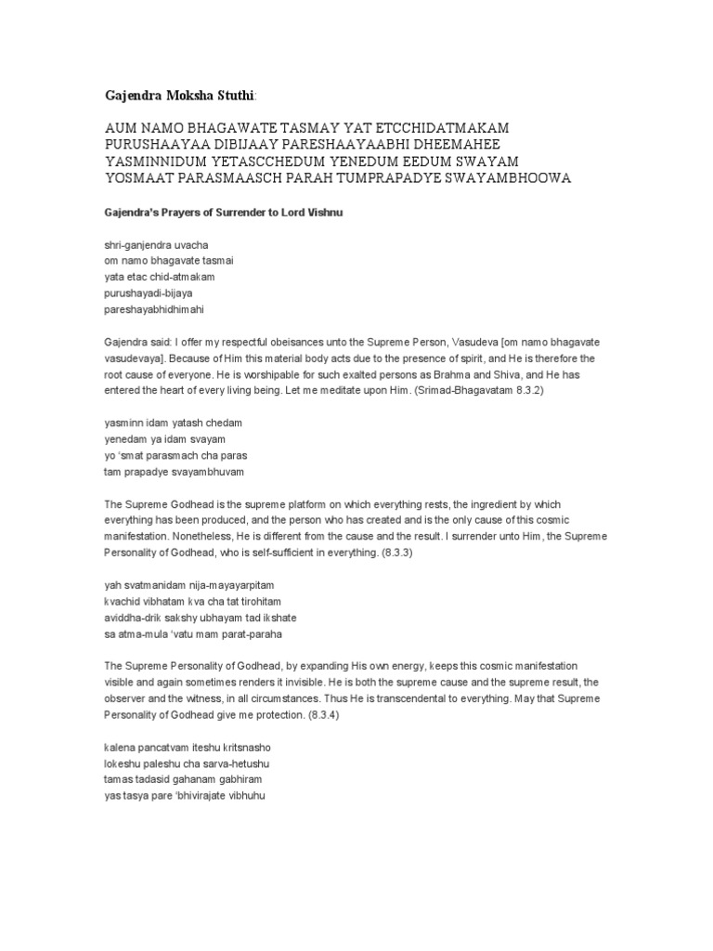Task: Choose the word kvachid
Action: [x=122, y=602]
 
